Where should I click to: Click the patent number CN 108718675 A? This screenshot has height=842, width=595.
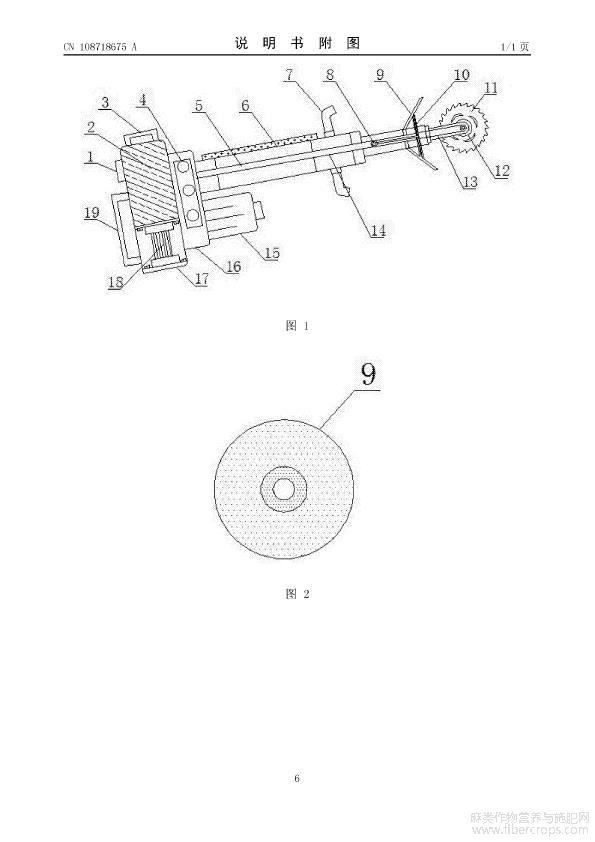(100, 47)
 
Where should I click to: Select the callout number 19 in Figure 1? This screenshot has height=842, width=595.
(92, 213)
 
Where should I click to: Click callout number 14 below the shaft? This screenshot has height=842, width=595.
(378, 230)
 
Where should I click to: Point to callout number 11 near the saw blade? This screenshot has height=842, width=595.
(491, 88)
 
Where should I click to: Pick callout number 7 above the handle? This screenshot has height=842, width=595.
(289, 74)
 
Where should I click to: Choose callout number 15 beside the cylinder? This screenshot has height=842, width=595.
(272, 252)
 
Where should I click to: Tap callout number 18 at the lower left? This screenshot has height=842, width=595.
(115, 282)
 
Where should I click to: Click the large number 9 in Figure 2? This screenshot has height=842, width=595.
(368, 374)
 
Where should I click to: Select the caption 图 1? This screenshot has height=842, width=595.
(297, 325)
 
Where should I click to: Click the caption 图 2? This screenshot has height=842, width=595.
(298, 593)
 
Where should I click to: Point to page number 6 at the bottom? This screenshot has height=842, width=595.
(297, 778)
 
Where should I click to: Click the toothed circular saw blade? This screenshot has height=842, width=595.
(463, 127)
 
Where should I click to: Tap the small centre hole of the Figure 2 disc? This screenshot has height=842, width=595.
(284, 489)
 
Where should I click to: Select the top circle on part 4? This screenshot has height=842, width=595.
(184, 166)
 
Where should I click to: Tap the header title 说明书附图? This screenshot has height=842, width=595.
(297, 43)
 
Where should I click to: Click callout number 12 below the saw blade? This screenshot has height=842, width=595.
(502, 171)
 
